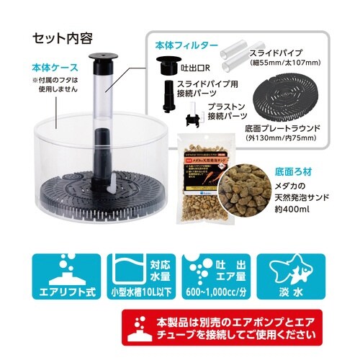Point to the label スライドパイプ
point(280,53)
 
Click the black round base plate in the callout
point(287,97)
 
